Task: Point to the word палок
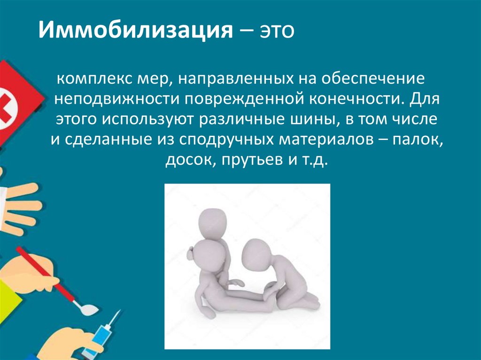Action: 419,140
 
